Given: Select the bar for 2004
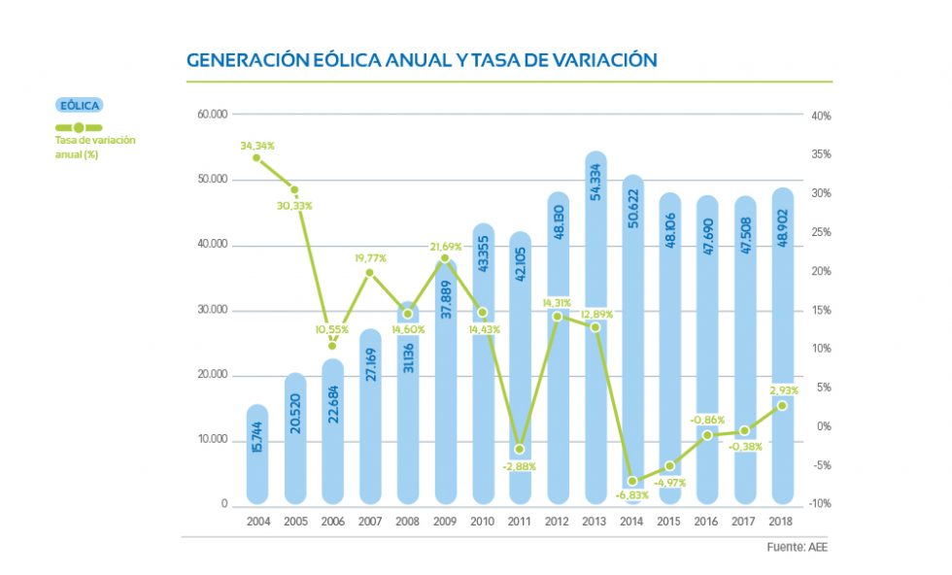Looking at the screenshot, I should [257, 455].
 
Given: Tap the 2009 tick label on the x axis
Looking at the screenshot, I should [445, 522].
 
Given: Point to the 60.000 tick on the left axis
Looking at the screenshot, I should [212, 115].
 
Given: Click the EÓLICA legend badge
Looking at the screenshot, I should [79, 106].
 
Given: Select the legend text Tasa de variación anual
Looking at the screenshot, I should [95, 147].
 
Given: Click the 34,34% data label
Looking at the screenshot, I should [257, 146].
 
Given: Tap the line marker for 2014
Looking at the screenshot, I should [632, 481].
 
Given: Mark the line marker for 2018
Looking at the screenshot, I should [782, 405].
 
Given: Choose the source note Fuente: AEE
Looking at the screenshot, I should [798, 547].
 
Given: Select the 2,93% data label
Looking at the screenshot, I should [783, 390].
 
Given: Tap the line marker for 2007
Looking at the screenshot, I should [370, 273].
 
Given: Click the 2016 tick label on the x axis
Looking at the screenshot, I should [707, 522].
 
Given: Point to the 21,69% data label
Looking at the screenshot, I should [445, 246].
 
